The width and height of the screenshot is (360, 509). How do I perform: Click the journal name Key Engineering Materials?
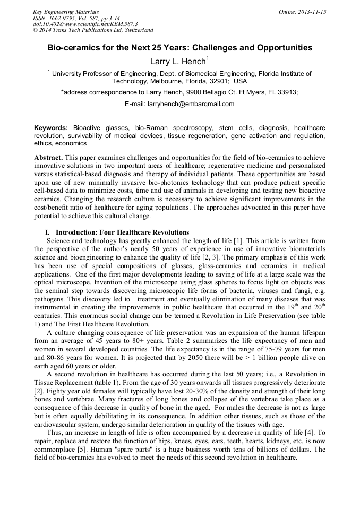66,12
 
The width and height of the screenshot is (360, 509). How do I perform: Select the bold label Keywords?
51,128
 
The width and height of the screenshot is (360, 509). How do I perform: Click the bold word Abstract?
48,158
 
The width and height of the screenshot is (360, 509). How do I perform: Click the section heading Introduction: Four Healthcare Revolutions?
122,232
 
